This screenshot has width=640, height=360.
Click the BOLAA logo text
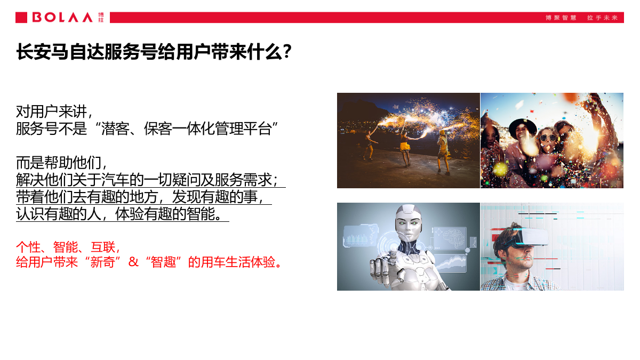62,18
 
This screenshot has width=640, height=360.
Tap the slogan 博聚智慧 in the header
561,18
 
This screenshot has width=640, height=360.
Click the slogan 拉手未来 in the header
602,18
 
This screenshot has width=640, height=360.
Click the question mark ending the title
287,52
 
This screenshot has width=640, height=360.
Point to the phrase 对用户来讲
53,111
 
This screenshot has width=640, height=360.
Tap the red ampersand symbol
133,262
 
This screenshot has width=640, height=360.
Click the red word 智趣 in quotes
164,262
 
